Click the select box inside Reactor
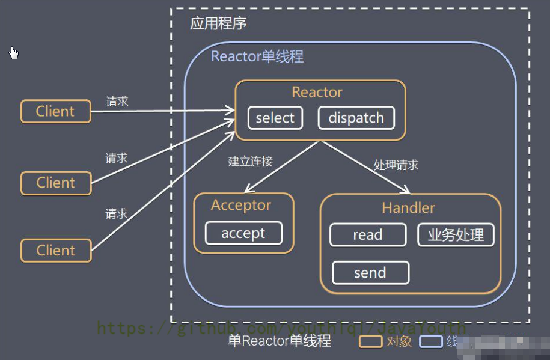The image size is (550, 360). tap(275, 118)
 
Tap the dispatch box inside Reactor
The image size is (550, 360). tap(356, 118)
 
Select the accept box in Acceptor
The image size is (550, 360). tap(243, 233)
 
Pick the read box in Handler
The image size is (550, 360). tap(368, 235)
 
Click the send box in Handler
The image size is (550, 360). tap(370, 273)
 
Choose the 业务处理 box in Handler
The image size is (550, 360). tap(456, 235)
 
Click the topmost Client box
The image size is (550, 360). tap(55, 111)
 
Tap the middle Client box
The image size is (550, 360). tap(55, 183)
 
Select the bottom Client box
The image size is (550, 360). tap(55, 250)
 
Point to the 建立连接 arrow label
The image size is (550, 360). tap(251, 161)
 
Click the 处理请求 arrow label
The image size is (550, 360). tap(396, 165)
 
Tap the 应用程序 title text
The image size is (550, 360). tap(218, 24)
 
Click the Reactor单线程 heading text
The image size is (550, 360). tap(257, 56)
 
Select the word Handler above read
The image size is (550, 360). tap(408, 208)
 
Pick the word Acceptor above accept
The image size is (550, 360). tap(241, 205)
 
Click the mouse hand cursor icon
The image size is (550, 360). tap(14, 53)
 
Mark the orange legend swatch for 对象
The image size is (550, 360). tap(371, 341)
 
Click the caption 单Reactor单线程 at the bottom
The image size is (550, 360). tap(280, 341)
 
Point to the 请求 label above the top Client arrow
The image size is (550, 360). tap(117, 102)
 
